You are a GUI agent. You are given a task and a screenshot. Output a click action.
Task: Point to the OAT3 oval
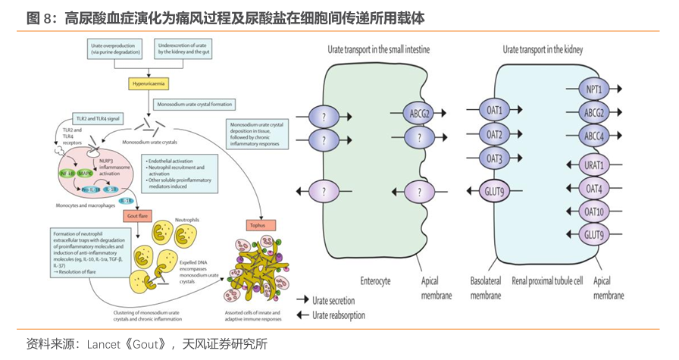[x=495, y=158]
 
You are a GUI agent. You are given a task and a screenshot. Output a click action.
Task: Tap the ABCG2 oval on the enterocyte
[x=418, y=114]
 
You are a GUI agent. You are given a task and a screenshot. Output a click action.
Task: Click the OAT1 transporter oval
[x=495, y=109]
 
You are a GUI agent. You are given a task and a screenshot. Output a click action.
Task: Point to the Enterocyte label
[x=375, y=280]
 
